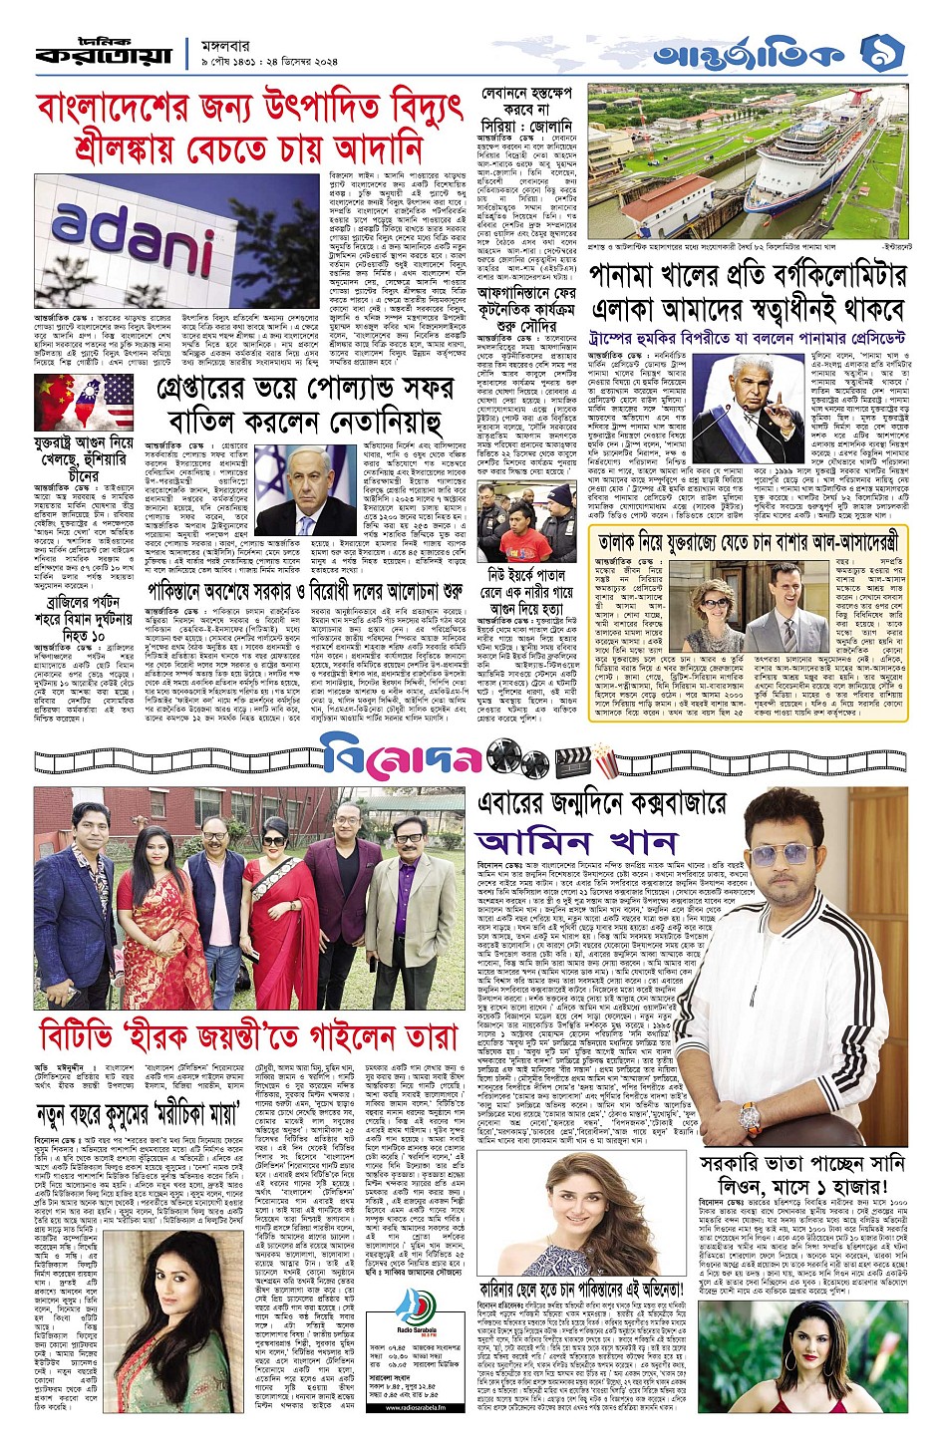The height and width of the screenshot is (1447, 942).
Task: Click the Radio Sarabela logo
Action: click(x=417, y=1311)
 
